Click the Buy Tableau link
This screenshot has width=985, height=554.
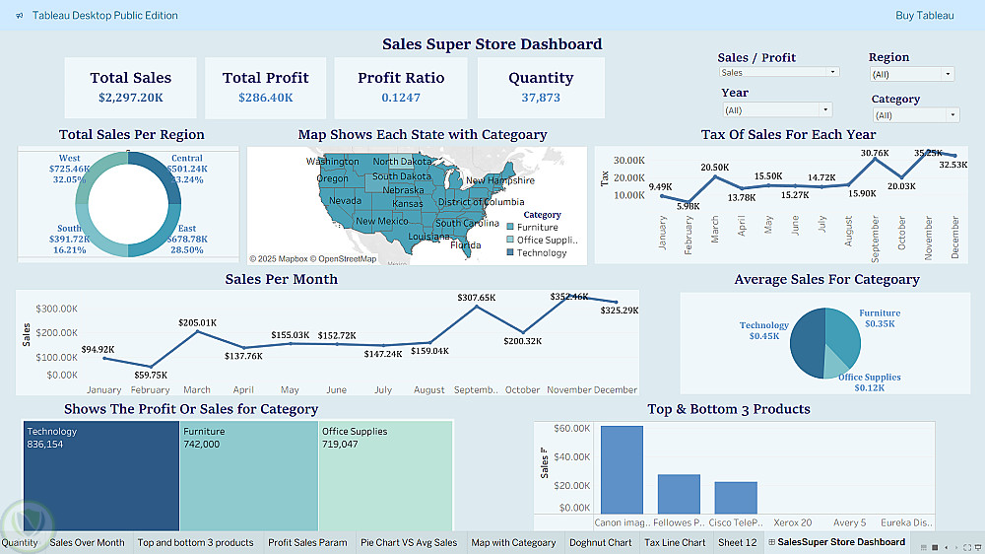pos(924,15)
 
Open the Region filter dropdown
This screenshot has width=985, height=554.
pos(912,74)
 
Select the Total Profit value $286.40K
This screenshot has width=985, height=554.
pos(265,98)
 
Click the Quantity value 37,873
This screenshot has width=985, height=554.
pos(541,98)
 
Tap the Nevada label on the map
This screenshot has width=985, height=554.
pos(345,200)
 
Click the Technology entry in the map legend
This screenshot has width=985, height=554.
pos(542,252)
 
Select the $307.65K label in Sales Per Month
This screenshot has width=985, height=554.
pos(477,297)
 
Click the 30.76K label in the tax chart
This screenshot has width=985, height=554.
pos(875,153)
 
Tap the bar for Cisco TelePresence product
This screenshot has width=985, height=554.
pos(736,497)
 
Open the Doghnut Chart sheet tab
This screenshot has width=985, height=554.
pos(600,542)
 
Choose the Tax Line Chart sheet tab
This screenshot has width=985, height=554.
pos(675,542)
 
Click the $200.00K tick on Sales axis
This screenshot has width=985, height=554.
pos(58,337)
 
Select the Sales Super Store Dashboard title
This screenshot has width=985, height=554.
pos(492,44)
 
